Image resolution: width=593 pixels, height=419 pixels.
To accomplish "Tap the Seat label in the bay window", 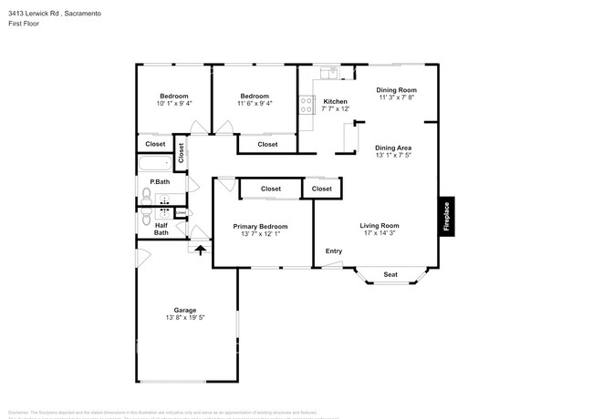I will (x=390, y=274).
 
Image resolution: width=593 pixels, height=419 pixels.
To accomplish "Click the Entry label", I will (x=334, y=251).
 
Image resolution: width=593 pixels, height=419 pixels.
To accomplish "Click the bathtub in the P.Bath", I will (x=155, y=165).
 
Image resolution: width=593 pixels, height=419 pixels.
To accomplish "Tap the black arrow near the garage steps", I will (x=201, y=250).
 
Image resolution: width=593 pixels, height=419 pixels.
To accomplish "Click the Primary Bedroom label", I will (x=260, y=227).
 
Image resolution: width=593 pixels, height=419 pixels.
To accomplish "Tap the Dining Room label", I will (x=397, y=90).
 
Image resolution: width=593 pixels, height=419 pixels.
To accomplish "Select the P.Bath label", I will (x=160, y=182).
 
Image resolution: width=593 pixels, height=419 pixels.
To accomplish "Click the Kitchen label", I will (x=335, y=101).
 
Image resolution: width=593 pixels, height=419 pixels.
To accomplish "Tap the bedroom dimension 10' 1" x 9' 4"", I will (x=173, y=105).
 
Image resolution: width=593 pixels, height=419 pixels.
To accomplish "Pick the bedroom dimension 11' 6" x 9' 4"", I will (x=255, y=105).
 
